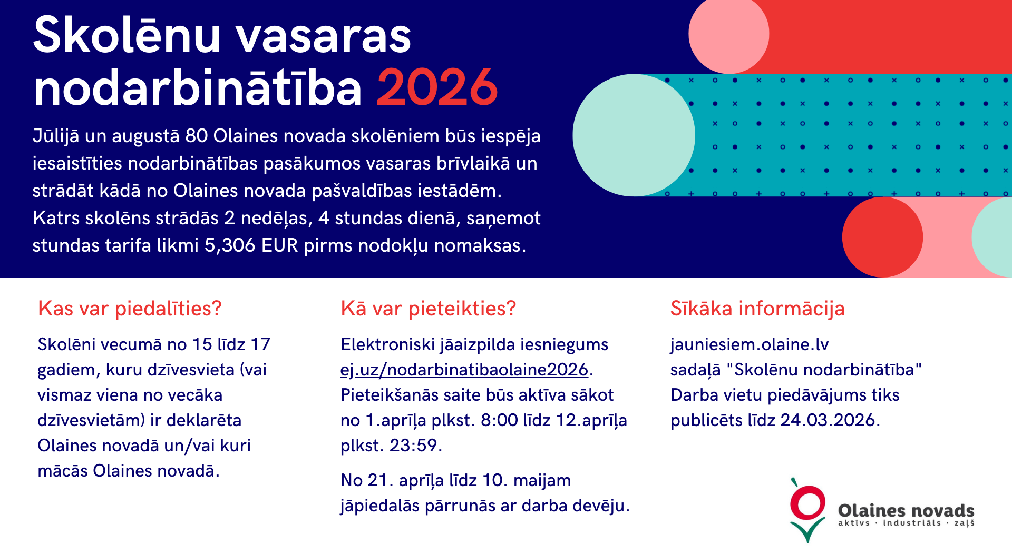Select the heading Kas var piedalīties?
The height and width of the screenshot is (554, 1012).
pos(130,309)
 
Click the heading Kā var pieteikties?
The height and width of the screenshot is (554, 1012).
pos(429,309)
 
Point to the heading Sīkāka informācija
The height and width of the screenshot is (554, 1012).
pos(757,309)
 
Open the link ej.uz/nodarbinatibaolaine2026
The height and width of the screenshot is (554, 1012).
pos(464,370)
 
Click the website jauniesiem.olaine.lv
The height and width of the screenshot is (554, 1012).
pos(750,344)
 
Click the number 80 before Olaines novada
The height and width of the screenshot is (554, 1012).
pos(197,136)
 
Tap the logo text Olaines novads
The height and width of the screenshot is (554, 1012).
pos(906,510)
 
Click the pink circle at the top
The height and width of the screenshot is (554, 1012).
pos(729,34)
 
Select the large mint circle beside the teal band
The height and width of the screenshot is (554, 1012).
pos(634,135)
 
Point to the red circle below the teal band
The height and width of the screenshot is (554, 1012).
pos(882,237)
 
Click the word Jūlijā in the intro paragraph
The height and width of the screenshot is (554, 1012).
pos(56,136)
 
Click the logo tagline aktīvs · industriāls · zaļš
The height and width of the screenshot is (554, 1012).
pos(906,523)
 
